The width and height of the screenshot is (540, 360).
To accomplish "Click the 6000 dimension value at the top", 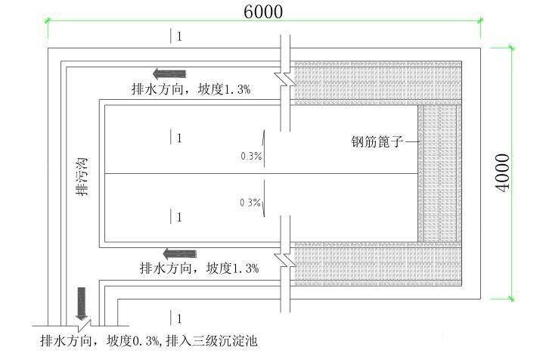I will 263,12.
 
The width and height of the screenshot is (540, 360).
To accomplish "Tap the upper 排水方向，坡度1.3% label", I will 191,88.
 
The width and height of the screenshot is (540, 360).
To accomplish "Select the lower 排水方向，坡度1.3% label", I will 199,268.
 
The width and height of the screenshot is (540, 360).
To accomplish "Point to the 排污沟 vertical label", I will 82,177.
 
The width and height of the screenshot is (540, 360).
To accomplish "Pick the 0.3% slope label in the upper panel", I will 250,157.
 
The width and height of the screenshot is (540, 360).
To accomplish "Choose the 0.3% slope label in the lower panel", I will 250,203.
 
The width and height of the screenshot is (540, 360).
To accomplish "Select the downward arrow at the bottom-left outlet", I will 82,304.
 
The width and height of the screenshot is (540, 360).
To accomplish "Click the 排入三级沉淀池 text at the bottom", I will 210,341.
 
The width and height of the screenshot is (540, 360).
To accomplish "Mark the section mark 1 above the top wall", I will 176,36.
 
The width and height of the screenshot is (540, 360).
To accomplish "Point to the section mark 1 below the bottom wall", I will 176,318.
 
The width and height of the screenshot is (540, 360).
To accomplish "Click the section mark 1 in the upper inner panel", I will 176,138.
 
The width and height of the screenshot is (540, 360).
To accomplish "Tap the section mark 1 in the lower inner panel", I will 176,217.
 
